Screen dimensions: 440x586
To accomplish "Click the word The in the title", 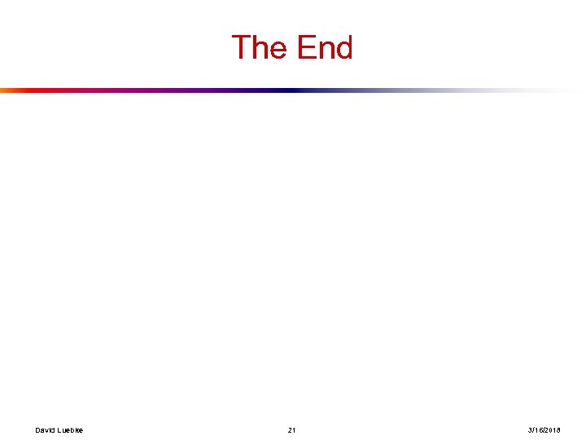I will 258,48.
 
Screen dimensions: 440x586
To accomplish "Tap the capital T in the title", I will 242,48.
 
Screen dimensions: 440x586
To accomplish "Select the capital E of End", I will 304,48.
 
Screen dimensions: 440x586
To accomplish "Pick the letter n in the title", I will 324,51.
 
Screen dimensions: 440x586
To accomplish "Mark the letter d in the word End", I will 343,48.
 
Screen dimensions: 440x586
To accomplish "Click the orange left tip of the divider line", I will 3,90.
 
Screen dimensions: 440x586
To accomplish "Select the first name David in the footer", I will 45,429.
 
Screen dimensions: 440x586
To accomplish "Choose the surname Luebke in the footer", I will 70,429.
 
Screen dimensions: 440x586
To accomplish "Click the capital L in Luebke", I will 59,429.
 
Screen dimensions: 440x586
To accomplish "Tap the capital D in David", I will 37,429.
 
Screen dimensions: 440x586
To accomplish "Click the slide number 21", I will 292,429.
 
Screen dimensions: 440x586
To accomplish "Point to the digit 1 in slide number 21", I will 295,429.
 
